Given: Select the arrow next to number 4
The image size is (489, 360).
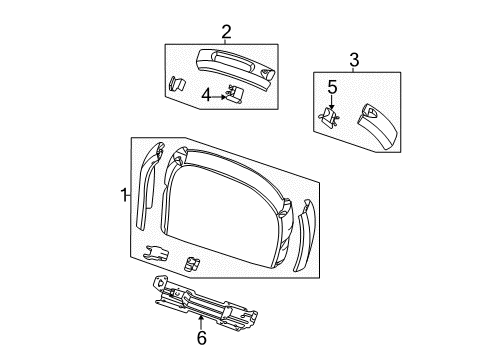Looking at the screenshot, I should pos(222,96).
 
